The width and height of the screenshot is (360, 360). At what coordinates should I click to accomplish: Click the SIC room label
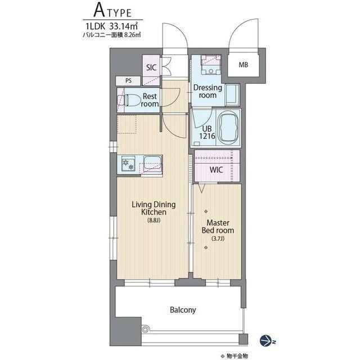151,67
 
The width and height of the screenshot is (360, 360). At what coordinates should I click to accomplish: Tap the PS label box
128,81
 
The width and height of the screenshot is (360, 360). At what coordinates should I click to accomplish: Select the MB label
244,65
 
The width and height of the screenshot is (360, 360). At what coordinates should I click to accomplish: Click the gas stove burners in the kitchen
128,164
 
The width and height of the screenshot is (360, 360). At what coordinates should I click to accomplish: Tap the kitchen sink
152,163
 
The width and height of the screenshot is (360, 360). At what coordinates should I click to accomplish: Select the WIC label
216,170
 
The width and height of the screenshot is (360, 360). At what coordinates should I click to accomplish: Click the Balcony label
183,310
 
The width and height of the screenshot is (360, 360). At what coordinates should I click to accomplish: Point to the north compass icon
266,341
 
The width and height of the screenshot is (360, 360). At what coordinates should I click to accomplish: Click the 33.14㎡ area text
124,26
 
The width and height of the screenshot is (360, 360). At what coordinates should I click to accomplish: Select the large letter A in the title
99,11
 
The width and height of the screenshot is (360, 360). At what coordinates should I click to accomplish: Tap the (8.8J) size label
154,220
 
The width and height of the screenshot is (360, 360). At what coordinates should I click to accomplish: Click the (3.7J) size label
218,238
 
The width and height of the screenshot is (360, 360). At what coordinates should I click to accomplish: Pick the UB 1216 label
207,133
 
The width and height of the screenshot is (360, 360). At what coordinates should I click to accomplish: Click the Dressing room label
208,91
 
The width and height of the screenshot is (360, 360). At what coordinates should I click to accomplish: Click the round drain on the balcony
145,330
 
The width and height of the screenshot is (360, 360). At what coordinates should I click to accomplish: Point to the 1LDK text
95,26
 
